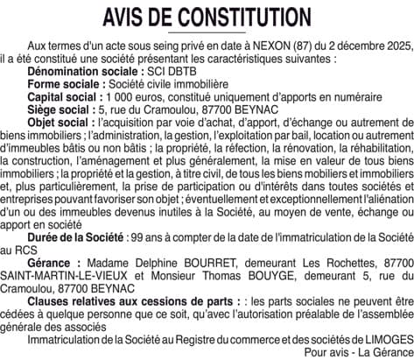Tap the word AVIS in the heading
124,18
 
